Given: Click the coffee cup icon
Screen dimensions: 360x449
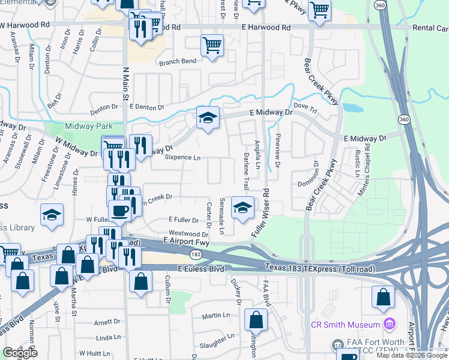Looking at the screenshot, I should pyautogui.click(x=120, y=211).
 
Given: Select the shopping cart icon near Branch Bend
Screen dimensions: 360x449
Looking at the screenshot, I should pyautogui.click(x=212, y=46).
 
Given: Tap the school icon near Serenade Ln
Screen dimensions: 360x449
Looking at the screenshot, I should pyautogui.click(x=242, y=208).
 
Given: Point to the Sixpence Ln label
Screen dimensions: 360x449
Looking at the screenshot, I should pyautogui.click(x=182, y=158).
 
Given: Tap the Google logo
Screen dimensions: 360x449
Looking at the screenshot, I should pyautogui.click(x=19, y=352).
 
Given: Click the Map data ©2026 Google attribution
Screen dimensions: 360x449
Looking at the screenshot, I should pyautogui.click(x=411, y=355).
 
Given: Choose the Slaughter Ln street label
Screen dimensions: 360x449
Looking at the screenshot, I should pyautogui.click(x=217, y=344).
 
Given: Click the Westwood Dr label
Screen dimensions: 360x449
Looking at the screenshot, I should pyautogui.click(x=188, y=233).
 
